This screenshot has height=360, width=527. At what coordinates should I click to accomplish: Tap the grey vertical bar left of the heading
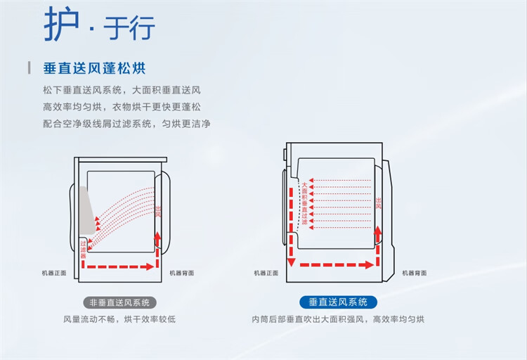[29, 68]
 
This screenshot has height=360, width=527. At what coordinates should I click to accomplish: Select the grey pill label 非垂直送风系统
[119, 302]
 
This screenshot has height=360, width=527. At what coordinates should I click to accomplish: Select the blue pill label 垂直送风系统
[338, 302]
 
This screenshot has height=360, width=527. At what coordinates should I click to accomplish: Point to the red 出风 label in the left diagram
[158, 212]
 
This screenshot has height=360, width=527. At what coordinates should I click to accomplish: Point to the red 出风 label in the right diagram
[378, 205]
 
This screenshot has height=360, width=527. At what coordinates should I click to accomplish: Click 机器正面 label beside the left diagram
[53, 273]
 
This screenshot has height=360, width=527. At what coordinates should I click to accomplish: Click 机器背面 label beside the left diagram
[181, 273]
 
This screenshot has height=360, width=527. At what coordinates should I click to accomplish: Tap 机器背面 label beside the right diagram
[415, 273]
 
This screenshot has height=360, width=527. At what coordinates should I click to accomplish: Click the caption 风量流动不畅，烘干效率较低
[119, 320]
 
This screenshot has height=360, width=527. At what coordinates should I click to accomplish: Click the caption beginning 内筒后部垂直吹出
[338, 320]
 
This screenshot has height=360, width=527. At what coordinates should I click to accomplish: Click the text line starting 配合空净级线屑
[126, 124]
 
